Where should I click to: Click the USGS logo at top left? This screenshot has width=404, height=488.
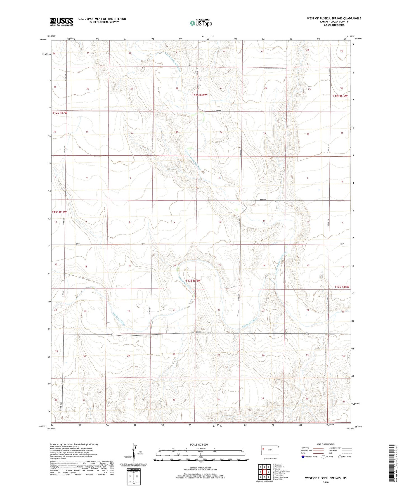point(62,22)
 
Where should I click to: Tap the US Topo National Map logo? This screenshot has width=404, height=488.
point(201,23)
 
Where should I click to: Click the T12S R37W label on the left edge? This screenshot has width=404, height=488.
point(60,113)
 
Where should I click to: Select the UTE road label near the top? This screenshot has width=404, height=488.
point(189,66)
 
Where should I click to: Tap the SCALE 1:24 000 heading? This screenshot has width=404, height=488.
point(199,444)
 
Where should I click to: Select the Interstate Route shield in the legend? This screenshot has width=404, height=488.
point(303,457)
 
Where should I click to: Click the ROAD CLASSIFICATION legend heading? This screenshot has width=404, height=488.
point(326,444)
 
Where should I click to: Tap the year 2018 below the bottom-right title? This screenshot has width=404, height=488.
point(326,482)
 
